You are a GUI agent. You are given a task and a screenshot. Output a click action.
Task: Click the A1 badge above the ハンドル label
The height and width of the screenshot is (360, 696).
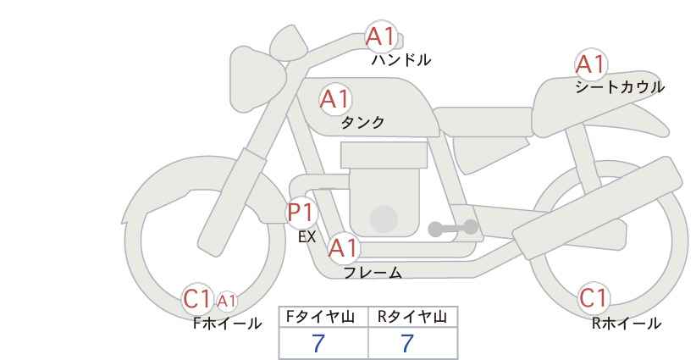pos(381,36)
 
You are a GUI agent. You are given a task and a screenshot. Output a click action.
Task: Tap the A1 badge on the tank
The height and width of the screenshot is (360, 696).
pos(335,99)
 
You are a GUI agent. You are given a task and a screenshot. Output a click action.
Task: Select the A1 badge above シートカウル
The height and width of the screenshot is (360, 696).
pos(591,64)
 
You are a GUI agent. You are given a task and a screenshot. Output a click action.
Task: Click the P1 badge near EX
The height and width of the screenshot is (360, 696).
pos(301,213)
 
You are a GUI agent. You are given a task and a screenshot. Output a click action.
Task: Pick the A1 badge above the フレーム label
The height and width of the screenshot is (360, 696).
pos(343,248)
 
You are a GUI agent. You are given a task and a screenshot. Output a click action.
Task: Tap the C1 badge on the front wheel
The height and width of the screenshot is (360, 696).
pos(198,299)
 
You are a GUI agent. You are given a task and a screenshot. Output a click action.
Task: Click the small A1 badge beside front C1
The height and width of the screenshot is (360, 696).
pos(226,301)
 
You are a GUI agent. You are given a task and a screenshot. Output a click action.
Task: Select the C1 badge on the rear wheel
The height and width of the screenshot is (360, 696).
pos(594,298)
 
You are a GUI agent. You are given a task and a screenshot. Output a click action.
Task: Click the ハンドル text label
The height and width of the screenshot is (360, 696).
pos(401,60)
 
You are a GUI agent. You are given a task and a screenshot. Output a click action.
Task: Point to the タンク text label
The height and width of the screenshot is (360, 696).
pos(362,122)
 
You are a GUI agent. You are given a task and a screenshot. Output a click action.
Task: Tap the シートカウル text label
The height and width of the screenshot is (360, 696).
pos(620,87)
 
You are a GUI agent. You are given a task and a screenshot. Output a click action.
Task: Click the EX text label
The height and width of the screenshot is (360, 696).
pos(307,237)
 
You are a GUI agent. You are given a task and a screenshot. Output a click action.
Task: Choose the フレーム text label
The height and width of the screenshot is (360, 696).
pos(373,272)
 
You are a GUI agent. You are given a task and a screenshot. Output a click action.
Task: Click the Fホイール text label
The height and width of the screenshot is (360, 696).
pos(227,324)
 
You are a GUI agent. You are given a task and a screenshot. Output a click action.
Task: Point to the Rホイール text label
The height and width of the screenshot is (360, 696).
pos(627,324)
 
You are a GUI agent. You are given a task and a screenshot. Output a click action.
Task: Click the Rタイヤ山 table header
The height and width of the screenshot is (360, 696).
pos(412,317)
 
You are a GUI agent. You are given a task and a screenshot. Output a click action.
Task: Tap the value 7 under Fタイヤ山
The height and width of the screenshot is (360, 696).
pos(318,343)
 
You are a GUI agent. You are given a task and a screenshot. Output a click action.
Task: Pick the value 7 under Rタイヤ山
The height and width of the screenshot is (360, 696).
pos(407,343)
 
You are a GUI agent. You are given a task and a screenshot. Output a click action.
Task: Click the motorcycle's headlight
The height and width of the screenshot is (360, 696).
pos(257,80)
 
